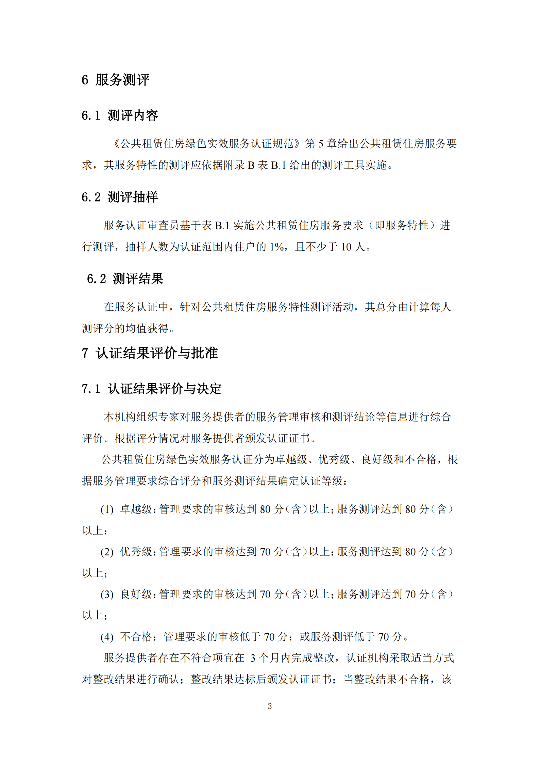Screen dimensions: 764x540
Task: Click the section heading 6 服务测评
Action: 116,80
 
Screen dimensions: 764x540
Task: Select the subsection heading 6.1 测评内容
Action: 120,116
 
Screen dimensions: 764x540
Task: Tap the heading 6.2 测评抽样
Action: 120,197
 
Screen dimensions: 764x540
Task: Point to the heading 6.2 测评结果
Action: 125,279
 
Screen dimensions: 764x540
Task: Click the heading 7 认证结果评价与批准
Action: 150,353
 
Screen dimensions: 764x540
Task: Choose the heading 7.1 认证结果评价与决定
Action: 152,389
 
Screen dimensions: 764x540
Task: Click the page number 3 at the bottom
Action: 270,706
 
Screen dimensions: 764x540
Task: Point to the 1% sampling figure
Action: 276,247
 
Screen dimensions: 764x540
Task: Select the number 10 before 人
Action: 346,247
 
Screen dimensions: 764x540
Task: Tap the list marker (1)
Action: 107,509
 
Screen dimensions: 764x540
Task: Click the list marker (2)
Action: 107,552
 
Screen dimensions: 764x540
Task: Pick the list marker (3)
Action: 107,594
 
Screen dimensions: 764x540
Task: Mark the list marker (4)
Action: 107,637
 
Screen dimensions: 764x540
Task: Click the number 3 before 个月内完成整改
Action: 253,658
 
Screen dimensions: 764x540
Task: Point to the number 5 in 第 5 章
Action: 321,144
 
